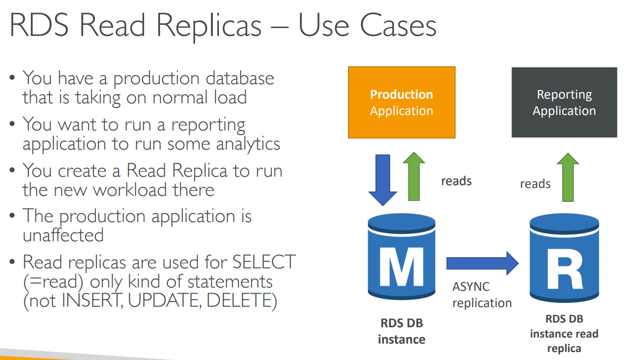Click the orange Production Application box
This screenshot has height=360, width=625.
tap(401, 102)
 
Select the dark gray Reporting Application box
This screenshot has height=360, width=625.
tap(564, 102)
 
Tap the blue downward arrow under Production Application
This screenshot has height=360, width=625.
tap(383, 180)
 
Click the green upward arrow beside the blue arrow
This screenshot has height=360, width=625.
tap(414, 177)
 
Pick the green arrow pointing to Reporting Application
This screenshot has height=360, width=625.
tap(568, 177)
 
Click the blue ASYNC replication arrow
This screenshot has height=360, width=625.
tap(482, 263)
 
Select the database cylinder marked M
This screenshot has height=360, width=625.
tap(401, 257)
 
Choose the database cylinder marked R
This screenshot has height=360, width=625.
tap(564, 258)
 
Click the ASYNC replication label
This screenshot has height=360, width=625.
tap(482, 295)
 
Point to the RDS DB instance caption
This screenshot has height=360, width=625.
tap(401, 331)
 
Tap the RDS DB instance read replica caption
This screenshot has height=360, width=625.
tap(564, 333)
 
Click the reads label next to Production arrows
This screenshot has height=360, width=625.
tap(456, 181)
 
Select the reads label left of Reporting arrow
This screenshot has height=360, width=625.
tap(535, 184)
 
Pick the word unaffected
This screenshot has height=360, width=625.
tap(63, 235)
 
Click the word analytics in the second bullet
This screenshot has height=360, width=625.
tap(248, 144)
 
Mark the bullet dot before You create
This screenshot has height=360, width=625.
tap(12, 170)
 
